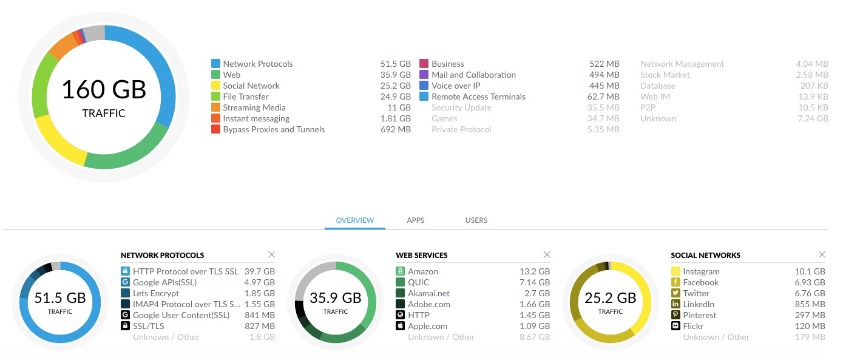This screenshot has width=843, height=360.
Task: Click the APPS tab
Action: (x=416, y=220)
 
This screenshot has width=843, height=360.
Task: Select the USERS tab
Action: (x=476, y=220)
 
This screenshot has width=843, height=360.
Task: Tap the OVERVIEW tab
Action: (x=355, y=220)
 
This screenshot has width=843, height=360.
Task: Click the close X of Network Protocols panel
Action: (x=272, y=254)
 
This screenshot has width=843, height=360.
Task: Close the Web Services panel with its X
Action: (x=547, y=254)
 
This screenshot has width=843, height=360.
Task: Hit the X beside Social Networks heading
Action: (x=822, y=254)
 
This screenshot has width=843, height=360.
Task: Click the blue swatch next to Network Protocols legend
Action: (x=215, y=64)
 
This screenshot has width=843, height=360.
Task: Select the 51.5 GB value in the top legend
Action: (x=396, y=64)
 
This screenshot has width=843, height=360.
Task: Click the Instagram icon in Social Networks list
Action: (x=675, y=271)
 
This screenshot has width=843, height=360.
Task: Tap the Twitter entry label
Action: (x=696, y=293)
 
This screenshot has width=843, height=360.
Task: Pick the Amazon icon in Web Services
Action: (x=400, y=271)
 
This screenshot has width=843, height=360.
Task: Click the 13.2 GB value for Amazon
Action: (x=535, y=271)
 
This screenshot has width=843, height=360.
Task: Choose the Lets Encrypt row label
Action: (x=156, y=293)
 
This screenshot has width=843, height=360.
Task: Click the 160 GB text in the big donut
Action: (x=104, y=90)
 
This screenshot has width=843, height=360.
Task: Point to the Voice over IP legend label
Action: (x=456, y=86)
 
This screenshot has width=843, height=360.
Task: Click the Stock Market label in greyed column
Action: (x=665, y=75)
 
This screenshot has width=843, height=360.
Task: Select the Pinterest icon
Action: (x=675, y=315)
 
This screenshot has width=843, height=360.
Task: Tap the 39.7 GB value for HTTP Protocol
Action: (x=260, y=271)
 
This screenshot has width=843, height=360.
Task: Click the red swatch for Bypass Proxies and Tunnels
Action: (x=215, y=129)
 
